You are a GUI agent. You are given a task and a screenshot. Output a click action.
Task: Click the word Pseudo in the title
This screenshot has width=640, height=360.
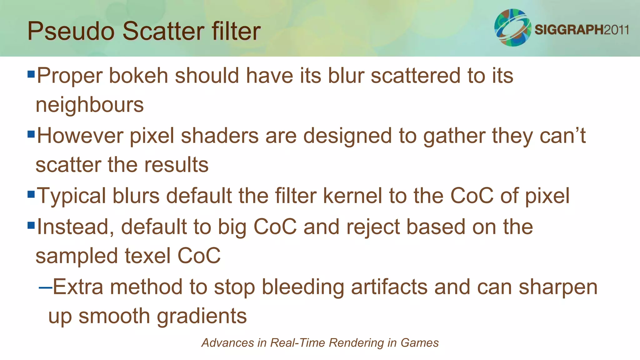[71, 31]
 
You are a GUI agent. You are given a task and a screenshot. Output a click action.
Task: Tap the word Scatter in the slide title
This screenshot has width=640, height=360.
[163, 31]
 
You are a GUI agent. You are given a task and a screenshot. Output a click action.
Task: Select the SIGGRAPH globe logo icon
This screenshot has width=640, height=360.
[512, 27]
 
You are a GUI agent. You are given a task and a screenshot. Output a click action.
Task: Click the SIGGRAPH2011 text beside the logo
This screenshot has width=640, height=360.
[582, 30]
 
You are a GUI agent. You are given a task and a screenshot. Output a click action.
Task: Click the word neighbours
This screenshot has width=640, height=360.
[90, 105]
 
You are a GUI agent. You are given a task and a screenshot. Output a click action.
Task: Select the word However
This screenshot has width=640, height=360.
[80, 136]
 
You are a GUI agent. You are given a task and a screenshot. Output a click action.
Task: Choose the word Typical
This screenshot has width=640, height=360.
[71, 196]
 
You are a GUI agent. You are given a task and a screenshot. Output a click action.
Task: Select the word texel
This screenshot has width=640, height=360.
[147, 256]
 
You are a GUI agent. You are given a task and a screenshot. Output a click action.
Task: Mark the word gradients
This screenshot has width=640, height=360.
[202, 316]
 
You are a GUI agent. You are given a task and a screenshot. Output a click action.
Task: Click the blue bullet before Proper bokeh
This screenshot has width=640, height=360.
[31, 74]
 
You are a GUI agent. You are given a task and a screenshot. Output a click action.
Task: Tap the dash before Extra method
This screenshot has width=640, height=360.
[45, 287]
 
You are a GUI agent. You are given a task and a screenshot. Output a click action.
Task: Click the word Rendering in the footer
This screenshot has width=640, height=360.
[356, 343]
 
